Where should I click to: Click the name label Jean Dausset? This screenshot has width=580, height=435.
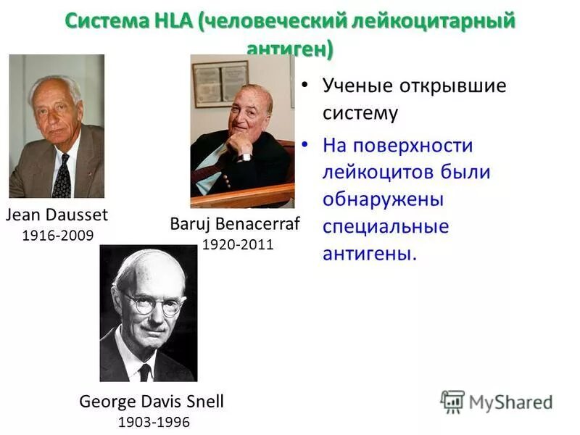(57, 215)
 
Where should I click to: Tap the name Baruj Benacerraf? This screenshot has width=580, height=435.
(234, 224)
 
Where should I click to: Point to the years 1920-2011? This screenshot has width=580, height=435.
(238, 244)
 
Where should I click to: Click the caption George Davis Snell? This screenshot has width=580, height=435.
(152, 401)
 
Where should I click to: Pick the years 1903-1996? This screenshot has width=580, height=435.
(153, 421)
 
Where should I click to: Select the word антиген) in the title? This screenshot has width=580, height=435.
(290, 49)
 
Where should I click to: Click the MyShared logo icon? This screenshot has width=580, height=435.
(452, 401)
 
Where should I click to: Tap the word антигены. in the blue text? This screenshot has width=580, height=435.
(370, 254)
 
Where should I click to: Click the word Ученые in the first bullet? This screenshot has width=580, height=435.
(356, 86)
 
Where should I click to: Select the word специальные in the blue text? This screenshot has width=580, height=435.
(386, 226)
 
